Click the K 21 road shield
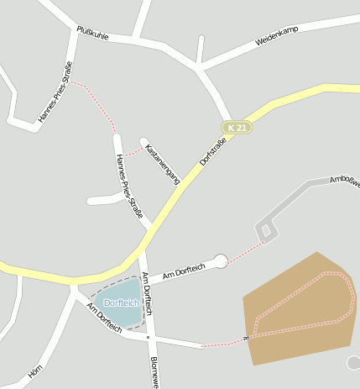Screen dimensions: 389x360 coord(238,127)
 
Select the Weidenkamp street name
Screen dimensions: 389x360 coord(277,35)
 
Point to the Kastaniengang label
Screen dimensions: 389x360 coord(163,163)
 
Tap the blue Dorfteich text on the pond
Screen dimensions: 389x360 coord(121,302)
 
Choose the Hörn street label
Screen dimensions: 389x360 coord(35,369)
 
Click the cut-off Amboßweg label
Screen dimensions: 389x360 coord(344,178)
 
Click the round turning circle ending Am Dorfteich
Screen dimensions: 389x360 coord(221,261)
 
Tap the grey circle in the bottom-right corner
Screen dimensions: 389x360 coord(353,362)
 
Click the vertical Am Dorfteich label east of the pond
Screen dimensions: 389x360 coord(147,293)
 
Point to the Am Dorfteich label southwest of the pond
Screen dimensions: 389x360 coord(103,318)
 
